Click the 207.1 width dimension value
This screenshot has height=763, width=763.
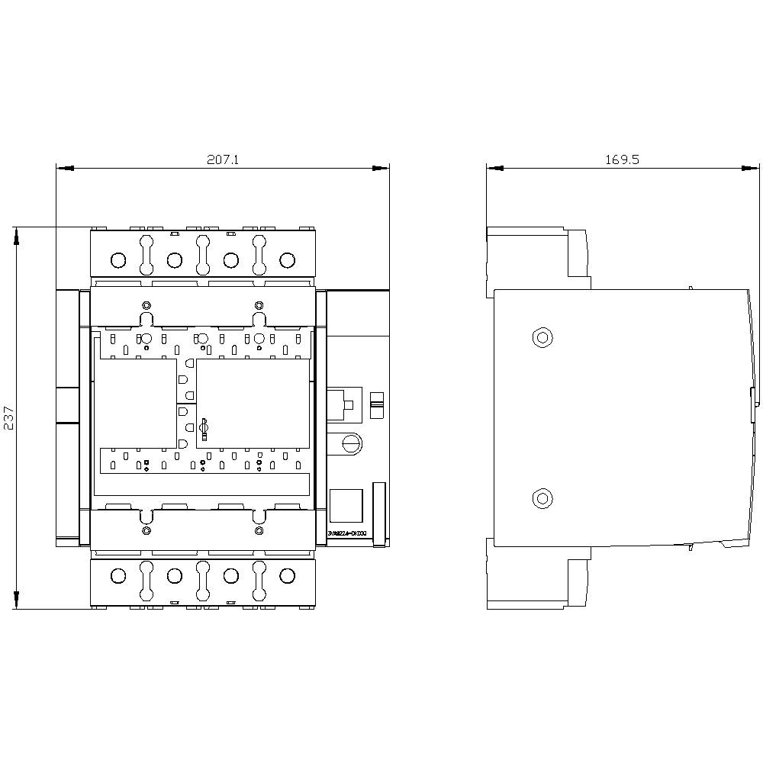(223, 160)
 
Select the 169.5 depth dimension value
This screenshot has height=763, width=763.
(622, 160)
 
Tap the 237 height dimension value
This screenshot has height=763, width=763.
(10, 418)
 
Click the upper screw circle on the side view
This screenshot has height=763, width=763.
(542, 337)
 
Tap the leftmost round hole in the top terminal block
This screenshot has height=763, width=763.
(118, 260)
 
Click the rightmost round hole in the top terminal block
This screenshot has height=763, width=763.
(287, 260)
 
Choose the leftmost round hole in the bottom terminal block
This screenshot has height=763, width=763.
(118, 575)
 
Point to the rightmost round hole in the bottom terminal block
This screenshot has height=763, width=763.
(287, 575)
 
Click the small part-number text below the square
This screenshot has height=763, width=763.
(346, 534)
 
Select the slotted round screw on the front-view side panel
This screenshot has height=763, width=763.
(351, 443)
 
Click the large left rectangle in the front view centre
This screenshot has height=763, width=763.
(134, 403)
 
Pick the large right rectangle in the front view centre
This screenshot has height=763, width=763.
(253, 403)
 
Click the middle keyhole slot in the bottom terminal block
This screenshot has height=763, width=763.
(203, 580)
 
